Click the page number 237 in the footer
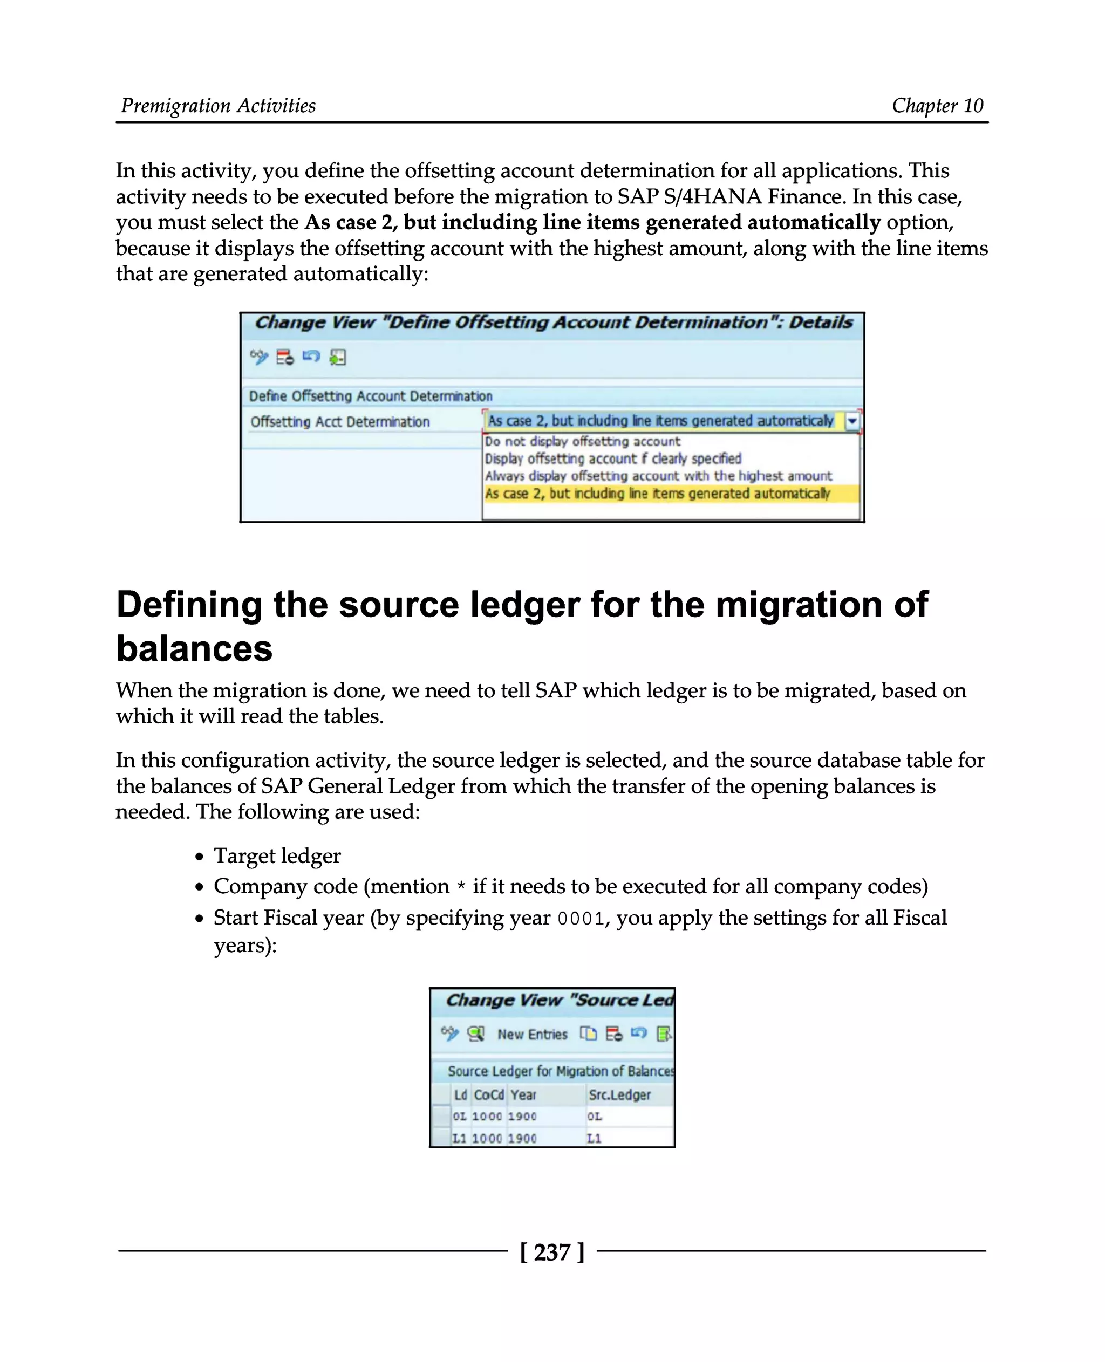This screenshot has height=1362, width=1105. [x=552, y=1252]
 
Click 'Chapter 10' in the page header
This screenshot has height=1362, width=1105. [x=937, y=106]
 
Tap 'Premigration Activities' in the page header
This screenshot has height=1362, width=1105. [x=219, y=106]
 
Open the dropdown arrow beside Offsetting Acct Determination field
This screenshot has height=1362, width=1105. [x=851, y=421]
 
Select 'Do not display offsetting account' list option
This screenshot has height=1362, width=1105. [x=582, y=441]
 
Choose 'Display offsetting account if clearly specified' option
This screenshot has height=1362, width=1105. [x=613, y=458]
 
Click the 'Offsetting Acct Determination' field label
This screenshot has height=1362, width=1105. [x=340, y=421]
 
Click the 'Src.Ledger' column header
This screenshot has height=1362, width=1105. [x=619, y=1094]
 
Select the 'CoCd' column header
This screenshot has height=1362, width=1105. [x=488, y=1094]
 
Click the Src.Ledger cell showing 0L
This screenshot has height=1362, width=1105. [x=595, y=1117]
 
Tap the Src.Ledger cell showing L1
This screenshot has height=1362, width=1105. [x=594, y=1138]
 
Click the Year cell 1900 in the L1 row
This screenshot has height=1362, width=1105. [x=522, y=1138]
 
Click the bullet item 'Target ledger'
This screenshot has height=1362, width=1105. [x=277, y=855]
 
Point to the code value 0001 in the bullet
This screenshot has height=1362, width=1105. [x=581, y=919]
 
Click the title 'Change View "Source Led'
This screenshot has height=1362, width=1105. [x=559, y=1000]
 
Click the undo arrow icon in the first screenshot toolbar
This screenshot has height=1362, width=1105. [x=311, y=357]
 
